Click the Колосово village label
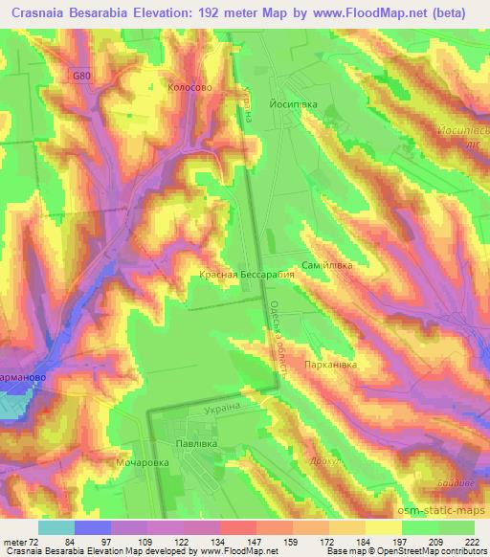pos(189,85)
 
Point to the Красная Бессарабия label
pos(246,274)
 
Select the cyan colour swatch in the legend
pos(56,526)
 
